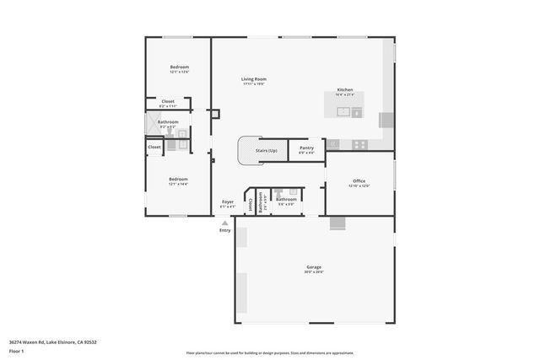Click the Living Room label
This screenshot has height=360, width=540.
(x=254, y=79)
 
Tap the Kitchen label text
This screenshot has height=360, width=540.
(x=345, y=90)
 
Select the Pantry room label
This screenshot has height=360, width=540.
(x=306, y=148)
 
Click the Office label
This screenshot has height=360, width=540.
(x=359, y=180)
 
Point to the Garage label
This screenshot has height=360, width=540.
(x=314, y=266)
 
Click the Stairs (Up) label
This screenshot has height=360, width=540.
(x=267, y=150)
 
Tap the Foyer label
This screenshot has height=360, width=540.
(x=228, y=201)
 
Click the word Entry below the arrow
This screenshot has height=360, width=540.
(x=224, y=230)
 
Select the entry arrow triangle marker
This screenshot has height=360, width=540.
(x=224, y=223)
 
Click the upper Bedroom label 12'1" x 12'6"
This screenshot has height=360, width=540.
(x=179, y=67)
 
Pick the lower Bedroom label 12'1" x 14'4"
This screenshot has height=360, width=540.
(x=178, y=180)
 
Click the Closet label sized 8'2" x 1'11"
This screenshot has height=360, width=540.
(x=168, y=102)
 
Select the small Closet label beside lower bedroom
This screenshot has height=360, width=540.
(x=154, y=147)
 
